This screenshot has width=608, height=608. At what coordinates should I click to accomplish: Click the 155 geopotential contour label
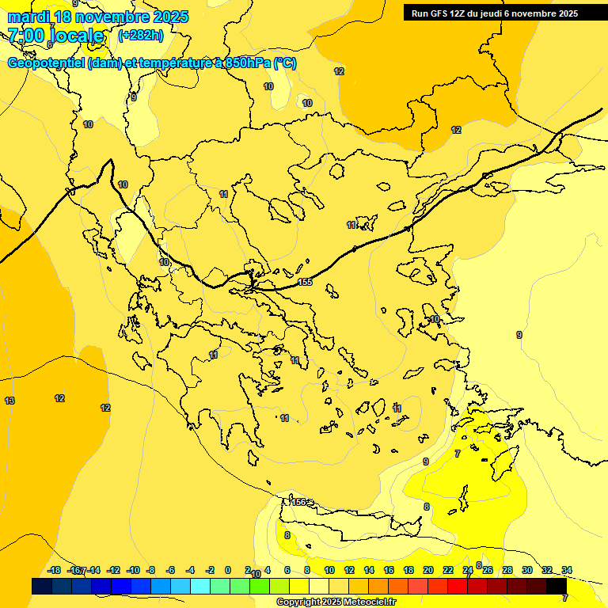pos(306,283)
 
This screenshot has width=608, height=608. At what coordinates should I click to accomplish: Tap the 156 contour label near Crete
pos(298,502)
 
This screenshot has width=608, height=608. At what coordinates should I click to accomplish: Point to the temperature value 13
pos(9,401)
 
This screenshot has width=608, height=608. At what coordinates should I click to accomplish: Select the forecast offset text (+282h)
pos(140,36)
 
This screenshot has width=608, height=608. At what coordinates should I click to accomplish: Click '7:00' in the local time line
pos(25,36)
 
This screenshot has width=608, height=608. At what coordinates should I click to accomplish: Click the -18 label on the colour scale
pos(55,570)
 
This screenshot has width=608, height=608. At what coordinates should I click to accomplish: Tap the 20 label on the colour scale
pos(428,570)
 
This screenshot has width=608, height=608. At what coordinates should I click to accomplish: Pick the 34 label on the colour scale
pos(567,570)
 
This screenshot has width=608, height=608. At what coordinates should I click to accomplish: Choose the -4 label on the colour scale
pos(190,570)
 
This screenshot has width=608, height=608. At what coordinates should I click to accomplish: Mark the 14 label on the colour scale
pos(369,570)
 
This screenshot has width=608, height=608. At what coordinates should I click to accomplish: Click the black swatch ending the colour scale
pos(557,587)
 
